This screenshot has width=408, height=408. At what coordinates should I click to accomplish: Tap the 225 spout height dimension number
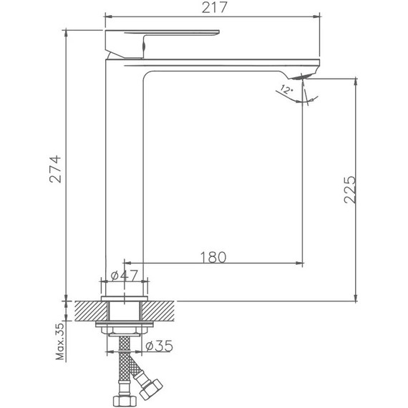349,190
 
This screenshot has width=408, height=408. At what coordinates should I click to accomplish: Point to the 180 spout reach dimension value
213,256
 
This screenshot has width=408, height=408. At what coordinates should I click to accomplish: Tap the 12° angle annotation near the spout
286,90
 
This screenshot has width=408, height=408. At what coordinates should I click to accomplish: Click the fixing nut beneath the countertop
126,328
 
